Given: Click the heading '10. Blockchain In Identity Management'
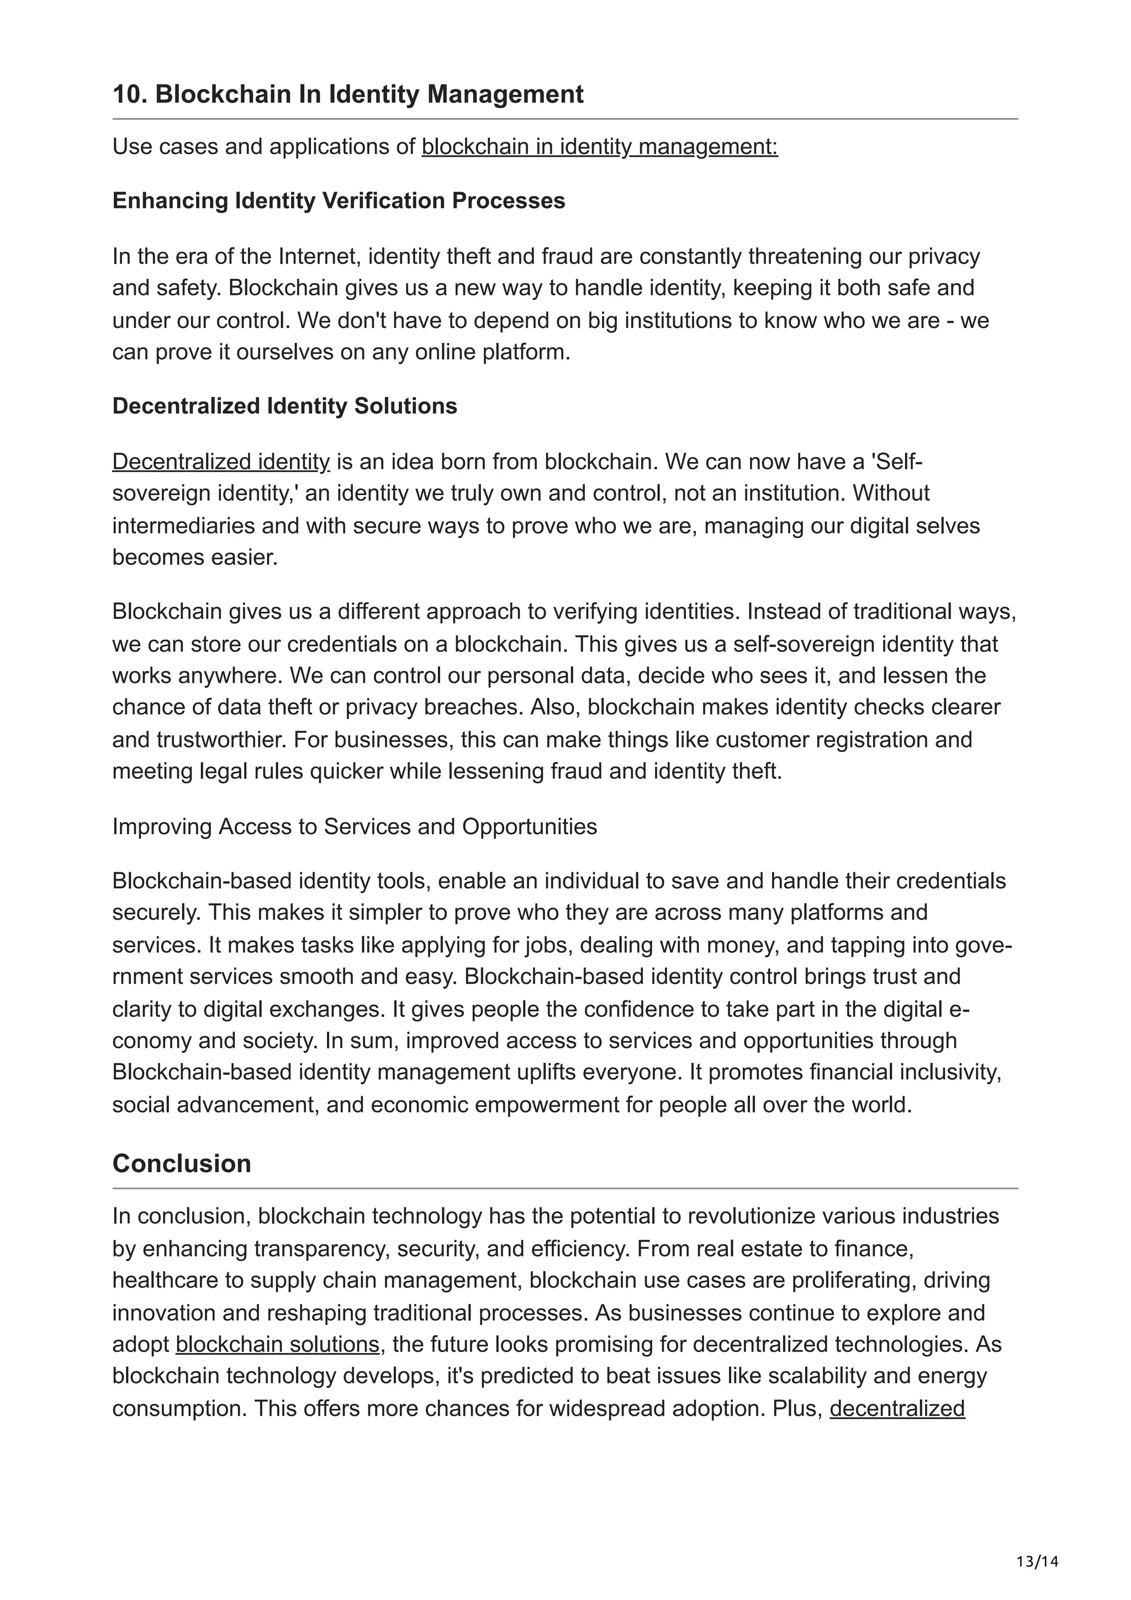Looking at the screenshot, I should tap(348, 94).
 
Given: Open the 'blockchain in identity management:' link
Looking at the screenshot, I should tap(599, 147).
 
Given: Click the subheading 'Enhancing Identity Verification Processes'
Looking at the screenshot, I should tap(339, 201).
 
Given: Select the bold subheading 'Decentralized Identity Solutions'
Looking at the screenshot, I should tap(284, 406).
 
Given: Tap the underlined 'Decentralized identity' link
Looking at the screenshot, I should tap(221, 462).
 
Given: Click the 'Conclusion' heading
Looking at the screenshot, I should tap(181, 1163).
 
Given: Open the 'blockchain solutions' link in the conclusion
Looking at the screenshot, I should tap(277, 1344).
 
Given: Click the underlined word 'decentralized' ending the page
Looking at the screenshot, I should tap(897, 1408).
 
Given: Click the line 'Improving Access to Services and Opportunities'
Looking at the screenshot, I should tap(355, 827).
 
